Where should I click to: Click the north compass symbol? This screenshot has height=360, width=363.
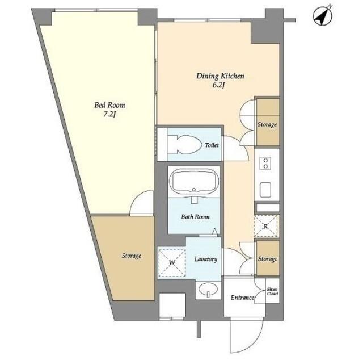pyautogui.click(x=323, y=15)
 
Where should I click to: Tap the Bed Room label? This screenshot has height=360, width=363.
pyautogui.click(x=109, y=105)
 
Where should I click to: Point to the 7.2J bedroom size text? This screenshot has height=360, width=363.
pyautogui.click(x=109, y=115)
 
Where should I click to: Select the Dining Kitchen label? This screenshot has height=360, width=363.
pyautogui.click(x=220, y=76)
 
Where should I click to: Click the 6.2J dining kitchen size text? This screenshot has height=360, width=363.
pyautogui.click(x=219, y=85)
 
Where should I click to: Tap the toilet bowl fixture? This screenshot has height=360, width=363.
pyautogui.click(x=184, y=145)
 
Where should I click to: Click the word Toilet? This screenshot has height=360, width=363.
pyautogui.click(x=212, y=145)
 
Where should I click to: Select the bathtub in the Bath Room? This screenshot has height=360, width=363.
pyautogui.click(x=194, y=181)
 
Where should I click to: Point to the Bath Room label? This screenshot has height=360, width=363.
pyautogui.click(x=195, y=217)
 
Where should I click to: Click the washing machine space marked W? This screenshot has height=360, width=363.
pyautogui.click(x=171, y=263)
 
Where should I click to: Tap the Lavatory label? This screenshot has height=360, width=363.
pyautogui.click(x=205, y=259)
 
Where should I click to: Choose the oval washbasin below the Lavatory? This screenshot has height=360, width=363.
pyautogui.click(x=208, y=290)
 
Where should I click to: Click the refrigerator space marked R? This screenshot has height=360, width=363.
pyautogui.click(x=266, y=226)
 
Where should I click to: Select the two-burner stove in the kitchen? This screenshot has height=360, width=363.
pyautogui.click(x=265, y=163)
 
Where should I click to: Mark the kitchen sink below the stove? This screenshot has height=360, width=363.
pyautogui.click(x=265, y=190)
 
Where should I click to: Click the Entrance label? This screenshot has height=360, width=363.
pyautogui.click(x=242, y=298)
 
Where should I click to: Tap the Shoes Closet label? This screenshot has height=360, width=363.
pyautogui.click(x=272, y=291)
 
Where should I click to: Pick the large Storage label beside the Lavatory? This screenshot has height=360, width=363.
pyautogui.click(x=131, y=256)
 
